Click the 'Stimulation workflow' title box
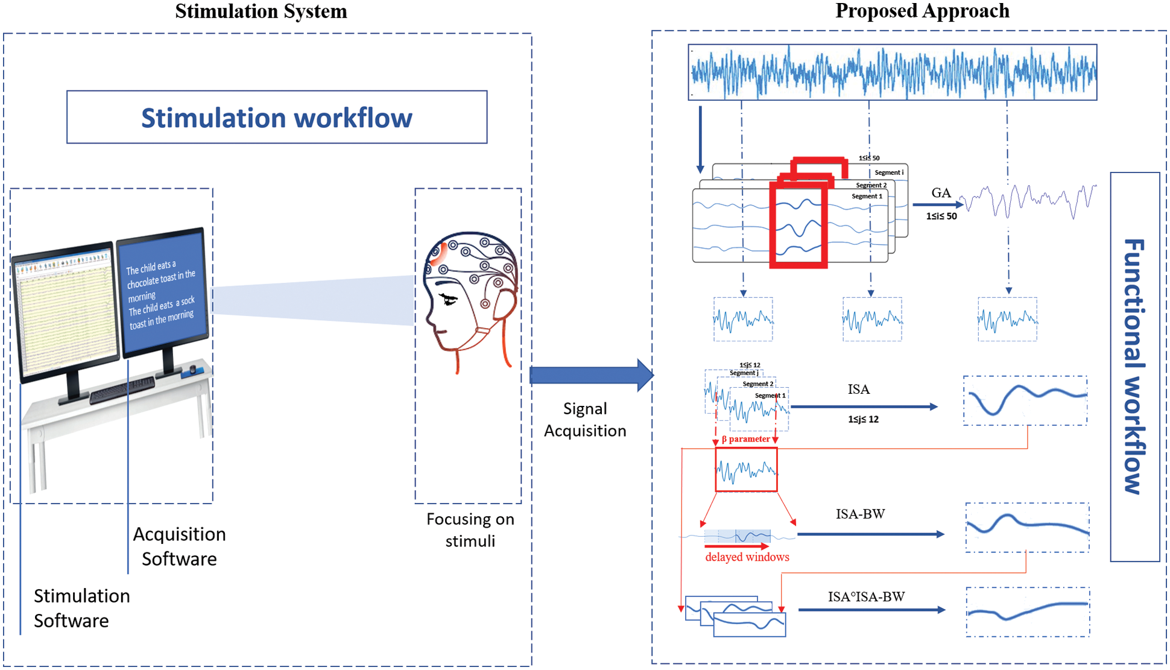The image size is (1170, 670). (x=277, y=117)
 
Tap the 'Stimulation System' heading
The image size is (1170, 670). (x=261, y=11)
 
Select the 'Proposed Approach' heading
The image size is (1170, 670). (x=922, y=11)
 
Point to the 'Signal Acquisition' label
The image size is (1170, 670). (x=584, y=420)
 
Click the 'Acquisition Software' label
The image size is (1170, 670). (x=179, y=546)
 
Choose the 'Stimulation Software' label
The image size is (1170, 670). (x=81, y=608)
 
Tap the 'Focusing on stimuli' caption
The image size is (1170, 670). (x=470, y=529)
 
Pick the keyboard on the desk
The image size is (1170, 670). (x=122, y=390)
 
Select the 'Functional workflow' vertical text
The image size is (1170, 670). (x=1134, y=367)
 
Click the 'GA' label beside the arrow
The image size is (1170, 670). (x=941, y=193)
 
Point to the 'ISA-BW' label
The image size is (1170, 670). (x=860, y=514)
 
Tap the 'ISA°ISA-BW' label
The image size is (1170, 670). (x=866, y=597)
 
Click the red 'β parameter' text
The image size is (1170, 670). (x=745, y=439)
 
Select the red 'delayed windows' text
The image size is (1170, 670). (x=747, y=557)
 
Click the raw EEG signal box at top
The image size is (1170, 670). (x=892, y=72)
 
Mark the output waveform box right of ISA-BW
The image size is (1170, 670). (x=1027, y=528)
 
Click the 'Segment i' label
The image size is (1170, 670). (x=889, y=172)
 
